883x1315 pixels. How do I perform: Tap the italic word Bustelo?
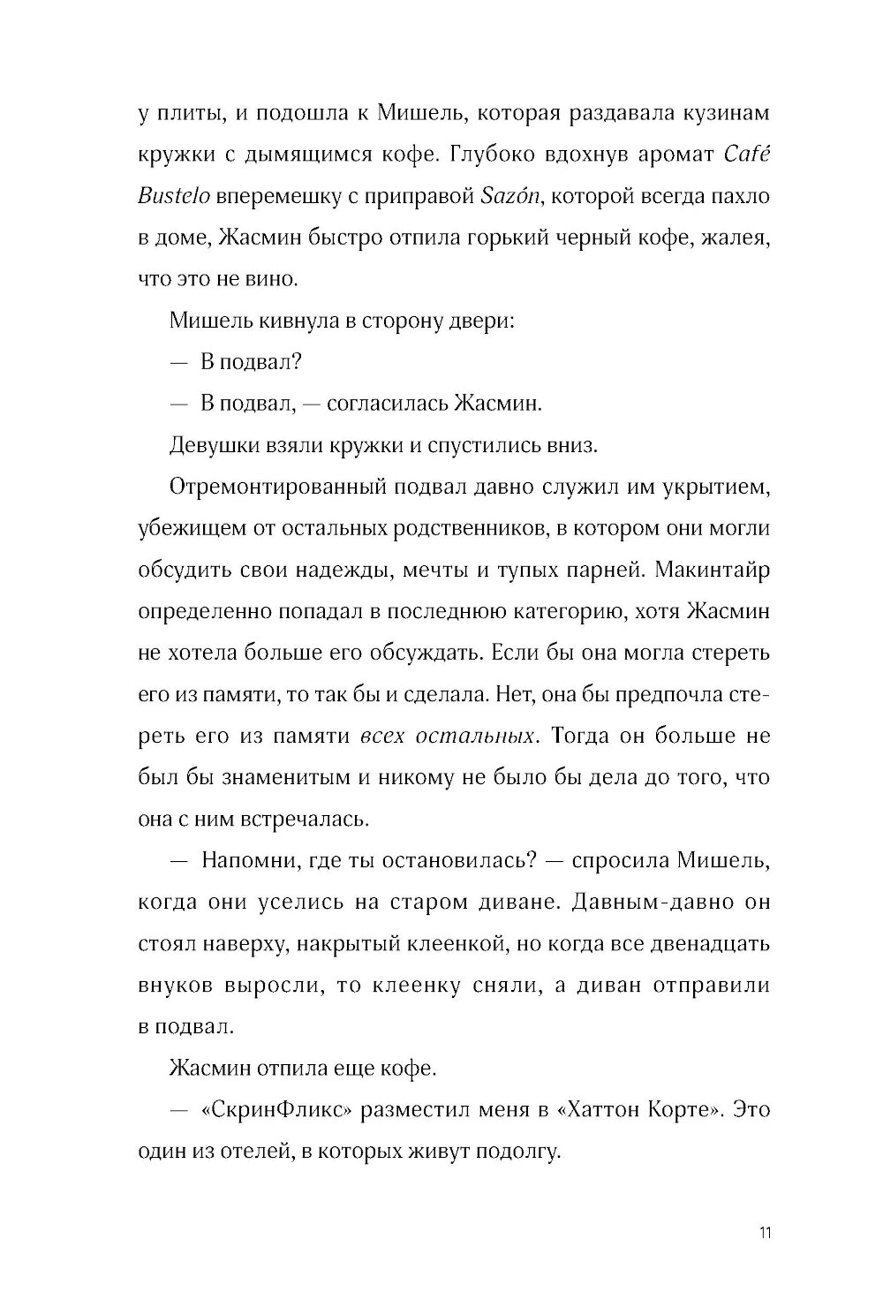click(x=174, y=196)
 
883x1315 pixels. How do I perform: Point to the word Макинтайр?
click(x=721, y=570)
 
